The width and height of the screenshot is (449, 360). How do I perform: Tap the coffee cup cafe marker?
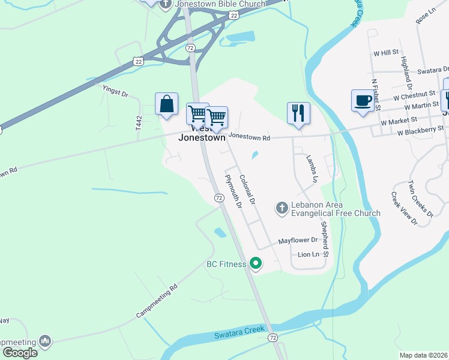[363, 101]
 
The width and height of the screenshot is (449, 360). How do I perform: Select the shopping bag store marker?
[166, 104]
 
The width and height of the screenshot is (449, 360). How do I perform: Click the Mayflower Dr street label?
[297, 241]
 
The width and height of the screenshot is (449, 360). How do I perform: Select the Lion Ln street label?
[309, 255]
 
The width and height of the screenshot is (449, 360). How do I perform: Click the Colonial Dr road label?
[247, 188]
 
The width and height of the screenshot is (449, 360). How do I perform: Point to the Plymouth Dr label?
[232, 191]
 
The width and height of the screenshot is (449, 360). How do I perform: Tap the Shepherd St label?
[325, 238]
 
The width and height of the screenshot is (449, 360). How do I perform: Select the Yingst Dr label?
[116, 92]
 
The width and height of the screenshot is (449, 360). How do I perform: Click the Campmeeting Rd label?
[157, 300]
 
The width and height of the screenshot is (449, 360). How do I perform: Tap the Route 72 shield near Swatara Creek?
[273, 338]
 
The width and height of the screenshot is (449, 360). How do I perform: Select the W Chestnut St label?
[414, 95]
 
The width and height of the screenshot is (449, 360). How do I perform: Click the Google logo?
[20, 353]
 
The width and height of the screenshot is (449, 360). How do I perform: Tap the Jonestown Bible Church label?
[220, 4]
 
